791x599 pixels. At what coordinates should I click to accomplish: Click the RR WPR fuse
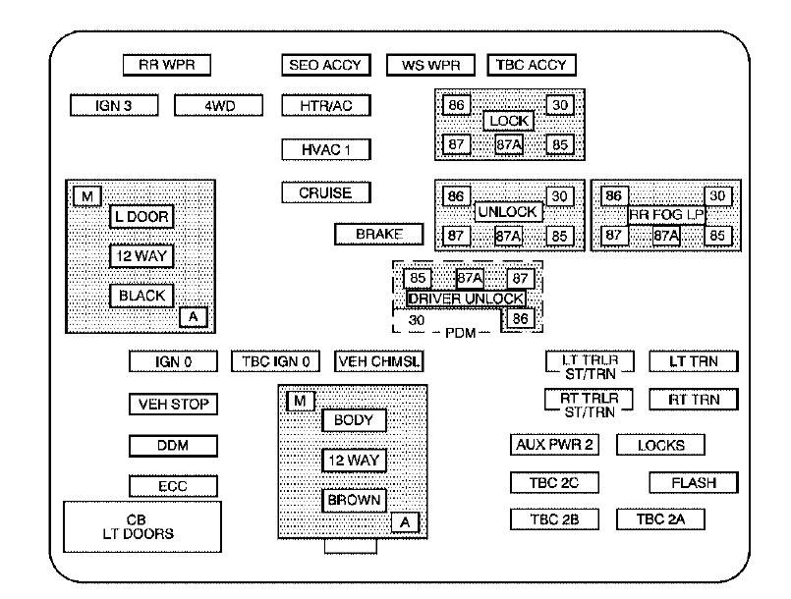click(x=167, y=66)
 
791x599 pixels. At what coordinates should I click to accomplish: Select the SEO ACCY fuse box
click(x=325, y=66)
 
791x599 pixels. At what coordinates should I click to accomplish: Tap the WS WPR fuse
click(x=430, y=66)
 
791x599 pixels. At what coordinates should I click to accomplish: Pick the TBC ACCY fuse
click(x=532, y=66)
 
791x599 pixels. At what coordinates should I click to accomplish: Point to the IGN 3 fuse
click(x=114, y=105)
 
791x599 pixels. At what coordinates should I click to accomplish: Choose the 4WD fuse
click(x=219, y=105)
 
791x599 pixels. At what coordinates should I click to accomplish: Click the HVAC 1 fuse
click(x=325, y=149)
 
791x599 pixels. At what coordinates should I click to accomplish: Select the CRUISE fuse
click(x=325, y=192)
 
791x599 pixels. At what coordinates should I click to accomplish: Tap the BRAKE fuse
click(x=377, y=235)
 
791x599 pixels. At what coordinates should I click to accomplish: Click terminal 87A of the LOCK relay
click(x=508, y=144)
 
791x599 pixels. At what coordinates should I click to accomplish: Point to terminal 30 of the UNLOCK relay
click(x=559, y=196)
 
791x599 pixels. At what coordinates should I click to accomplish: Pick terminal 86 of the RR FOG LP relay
click(x=614, y=195)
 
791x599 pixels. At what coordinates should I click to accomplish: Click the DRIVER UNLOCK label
click(x=466, y=299)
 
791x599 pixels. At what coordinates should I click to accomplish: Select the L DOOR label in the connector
click(x=141, y=215)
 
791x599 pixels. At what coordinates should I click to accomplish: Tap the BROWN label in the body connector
click(x=354, y=500)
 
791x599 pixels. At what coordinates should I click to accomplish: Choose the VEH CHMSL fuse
click(x=378, y=361)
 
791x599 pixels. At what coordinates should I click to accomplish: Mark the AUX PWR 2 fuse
click(x=554, y=444)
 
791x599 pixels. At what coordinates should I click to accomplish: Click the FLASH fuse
click(x=694, y=483)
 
